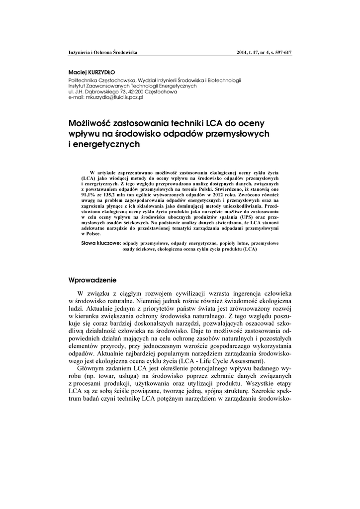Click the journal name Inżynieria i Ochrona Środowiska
pyautogui.click(x=102, y=52)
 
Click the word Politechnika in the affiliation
pyautogui.click(x=82, y=80)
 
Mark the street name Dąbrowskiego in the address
pyautogui.click(x=100, y=92)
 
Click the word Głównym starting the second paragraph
pyautogui.click(x=90, y=369)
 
